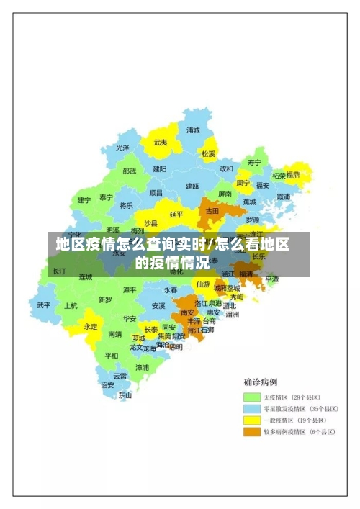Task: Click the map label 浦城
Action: click(193, 130)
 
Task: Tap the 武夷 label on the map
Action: click(161, 143)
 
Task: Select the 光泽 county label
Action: click(123, 148)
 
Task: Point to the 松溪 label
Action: click(209, 153)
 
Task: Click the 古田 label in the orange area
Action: click(212, 211)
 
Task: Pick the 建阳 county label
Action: click(159, 168)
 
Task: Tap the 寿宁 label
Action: click(254, 162)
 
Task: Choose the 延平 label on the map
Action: click(176, 214)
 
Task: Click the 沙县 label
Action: click(150, 223)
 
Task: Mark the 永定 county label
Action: click(91, 326)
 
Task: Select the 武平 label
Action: click(44, 305)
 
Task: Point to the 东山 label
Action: click(125, 395)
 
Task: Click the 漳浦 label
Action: click(143, 367)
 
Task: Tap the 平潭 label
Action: click(271, 279)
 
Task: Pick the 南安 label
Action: click(188, 312)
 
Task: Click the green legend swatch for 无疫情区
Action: click(252, 397)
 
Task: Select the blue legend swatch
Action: click(252, 408)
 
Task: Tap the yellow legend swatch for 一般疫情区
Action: click(252, 420)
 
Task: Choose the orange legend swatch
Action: click(252, 431)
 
